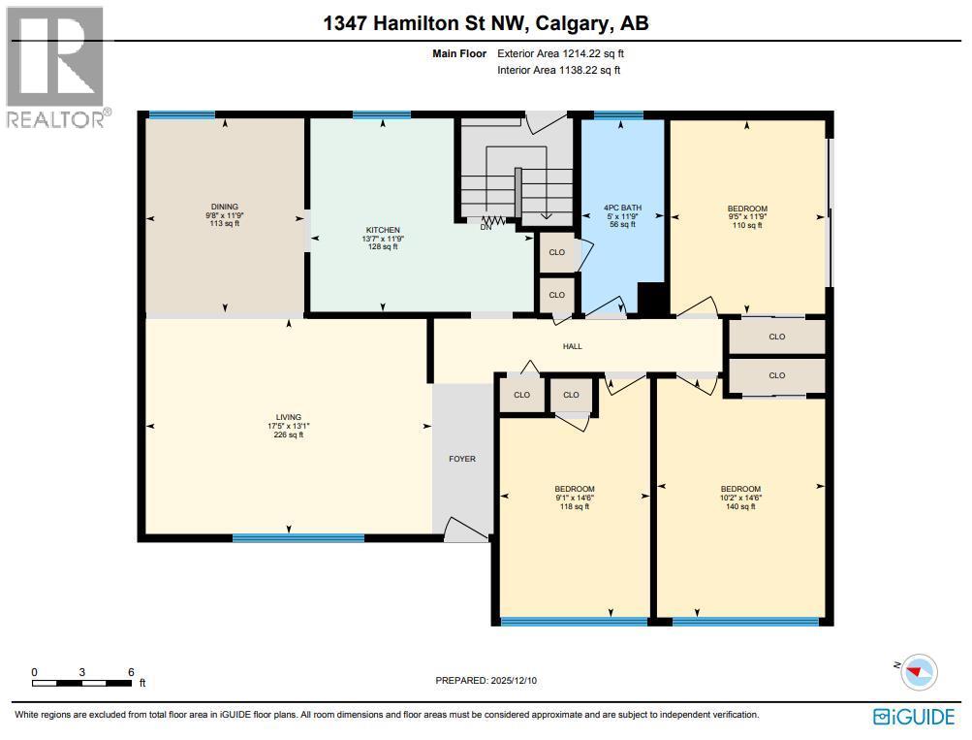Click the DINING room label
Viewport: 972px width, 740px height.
[225, 207]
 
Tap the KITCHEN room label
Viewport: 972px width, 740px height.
[382, 230]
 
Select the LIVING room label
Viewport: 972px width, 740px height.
[288, 417]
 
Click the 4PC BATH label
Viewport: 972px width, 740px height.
[622, 208]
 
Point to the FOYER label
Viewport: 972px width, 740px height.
[462, 459]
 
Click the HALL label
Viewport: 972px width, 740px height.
[572, 346]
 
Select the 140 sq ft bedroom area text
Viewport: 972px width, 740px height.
[740, 507]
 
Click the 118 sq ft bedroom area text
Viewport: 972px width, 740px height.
[574, 507]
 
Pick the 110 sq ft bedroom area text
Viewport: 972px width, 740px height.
[747, 225]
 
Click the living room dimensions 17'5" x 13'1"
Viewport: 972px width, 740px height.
[288, 426]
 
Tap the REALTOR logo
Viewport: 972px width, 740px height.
[55, 68]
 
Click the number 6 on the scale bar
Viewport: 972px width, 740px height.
[130, 672]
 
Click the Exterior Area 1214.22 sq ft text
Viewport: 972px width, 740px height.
[567, 54]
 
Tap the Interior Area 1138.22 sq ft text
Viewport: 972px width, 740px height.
[559, 70]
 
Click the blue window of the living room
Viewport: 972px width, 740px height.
[298, 537]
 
